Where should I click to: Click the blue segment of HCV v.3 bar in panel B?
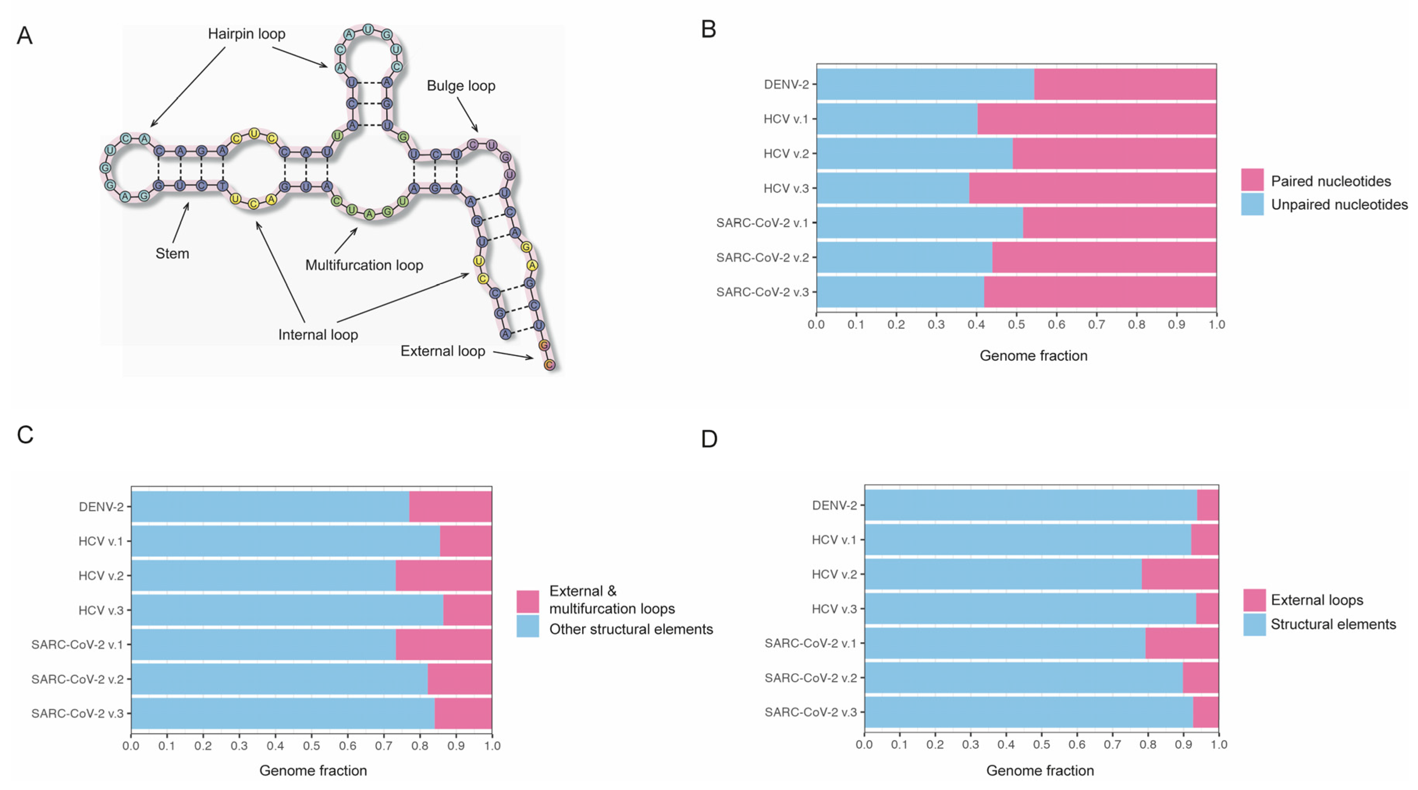892,188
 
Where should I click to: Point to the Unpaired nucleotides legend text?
1339,205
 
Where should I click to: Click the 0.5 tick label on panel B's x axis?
1016,324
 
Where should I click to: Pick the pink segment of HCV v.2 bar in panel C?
443,576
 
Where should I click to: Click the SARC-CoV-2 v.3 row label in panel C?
77,714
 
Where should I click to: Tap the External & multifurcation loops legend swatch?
527,601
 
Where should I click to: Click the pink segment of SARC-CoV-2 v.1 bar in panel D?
1182,643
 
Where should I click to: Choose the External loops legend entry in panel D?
1316,600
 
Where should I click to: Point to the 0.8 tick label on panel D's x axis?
1148,745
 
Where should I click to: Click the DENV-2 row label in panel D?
835,505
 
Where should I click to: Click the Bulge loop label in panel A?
461,86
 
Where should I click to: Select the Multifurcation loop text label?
364,265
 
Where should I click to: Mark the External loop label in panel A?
442,351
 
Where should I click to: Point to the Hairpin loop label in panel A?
246,34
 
